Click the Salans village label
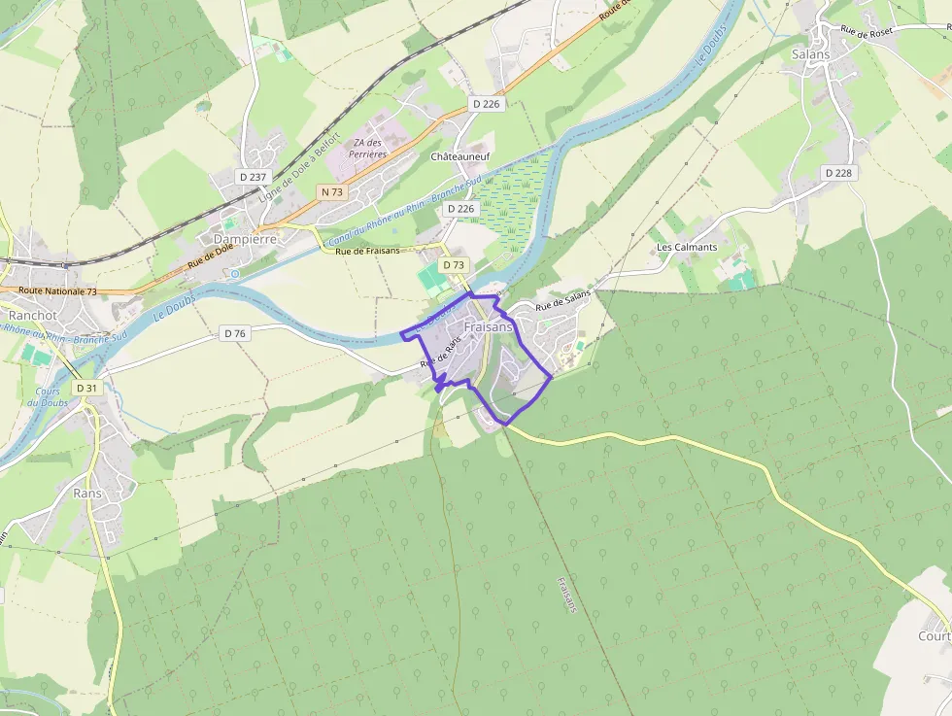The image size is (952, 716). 811,54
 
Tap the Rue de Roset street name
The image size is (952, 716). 867,32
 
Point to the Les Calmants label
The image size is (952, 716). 687,247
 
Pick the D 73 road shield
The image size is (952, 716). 454,264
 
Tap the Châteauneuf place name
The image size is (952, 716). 460,155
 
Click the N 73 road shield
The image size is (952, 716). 332,192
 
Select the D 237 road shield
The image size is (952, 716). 253,177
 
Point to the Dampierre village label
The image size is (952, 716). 245,238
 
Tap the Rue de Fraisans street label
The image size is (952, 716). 367,251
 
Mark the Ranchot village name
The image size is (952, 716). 33,316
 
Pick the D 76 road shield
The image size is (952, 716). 235,333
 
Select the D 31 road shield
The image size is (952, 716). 86,388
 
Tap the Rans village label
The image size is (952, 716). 87,493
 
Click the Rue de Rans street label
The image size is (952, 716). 439,358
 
